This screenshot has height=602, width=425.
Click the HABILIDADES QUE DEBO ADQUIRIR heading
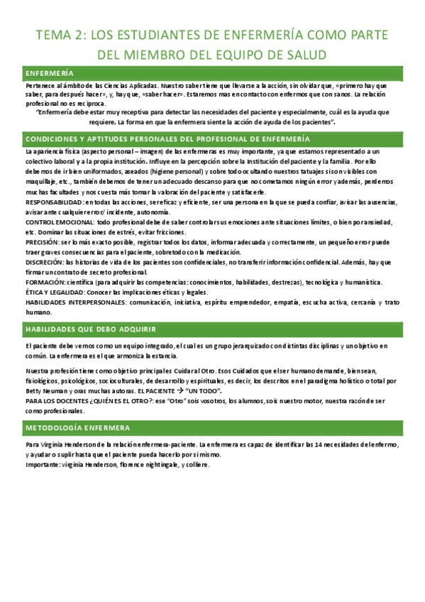[91, 329]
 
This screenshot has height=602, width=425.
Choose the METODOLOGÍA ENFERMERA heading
[77, 428]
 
